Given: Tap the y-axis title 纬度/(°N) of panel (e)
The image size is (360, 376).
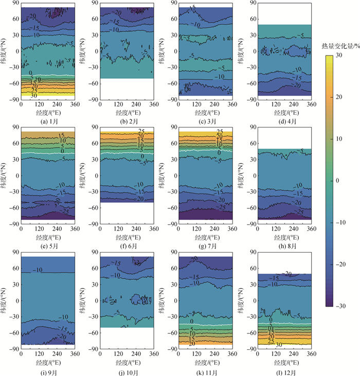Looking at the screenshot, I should [6, 175].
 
